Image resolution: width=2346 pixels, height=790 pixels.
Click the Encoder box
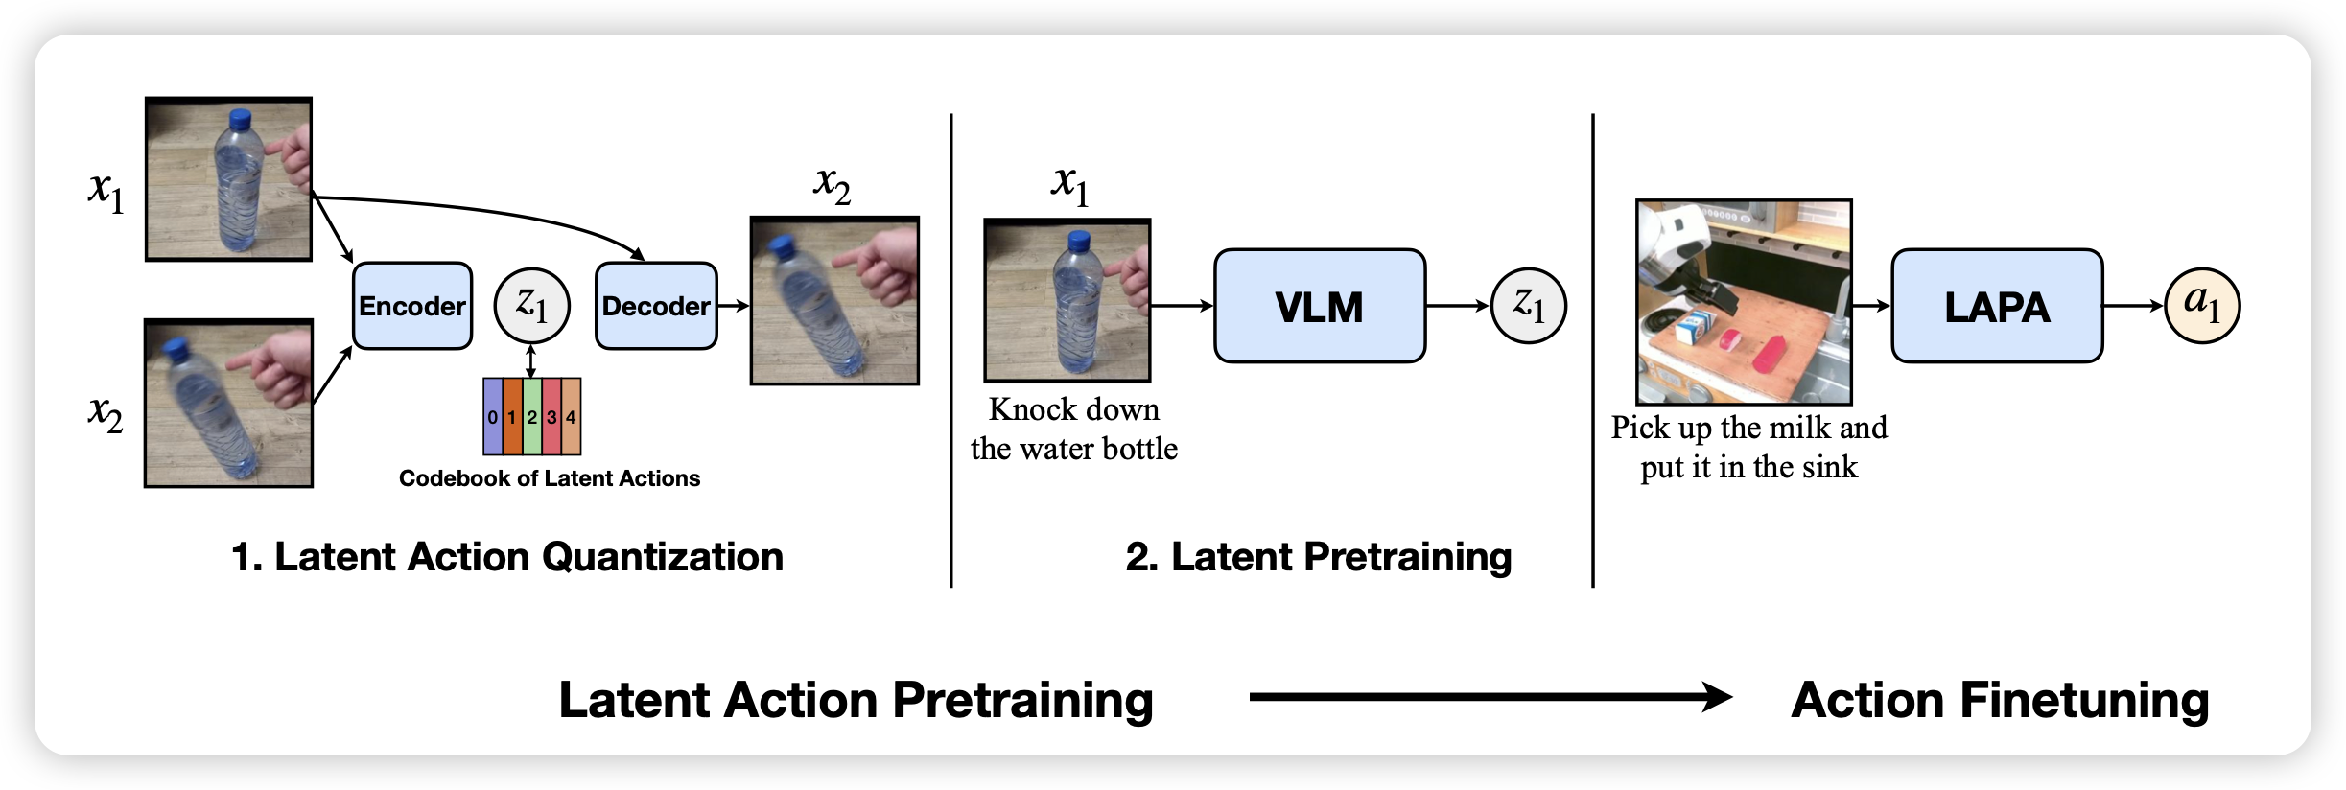(412, 306)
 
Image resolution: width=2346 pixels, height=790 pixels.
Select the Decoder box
(656, 306)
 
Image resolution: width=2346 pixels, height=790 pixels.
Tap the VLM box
(1319, 306)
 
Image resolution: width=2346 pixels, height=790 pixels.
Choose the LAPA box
(1997, 306)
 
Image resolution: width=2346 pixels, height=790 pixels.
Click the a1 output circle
(2202, 306)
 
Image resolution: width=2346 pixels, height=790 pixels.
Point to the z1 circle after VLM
(1528, 306)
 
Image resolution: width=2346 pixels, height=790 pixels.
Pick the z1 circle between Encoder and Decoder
(531, 306)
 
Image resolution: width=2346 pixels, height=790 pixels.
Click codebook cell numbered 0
(492, 417)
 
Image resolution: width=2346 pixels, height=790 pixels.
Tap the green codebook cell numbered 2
(531, 417)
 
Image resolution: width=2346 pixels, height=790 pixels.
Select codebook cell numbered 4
(571, 417)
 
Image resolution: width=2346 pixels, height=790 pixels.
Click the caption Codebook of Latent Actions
(550, 478)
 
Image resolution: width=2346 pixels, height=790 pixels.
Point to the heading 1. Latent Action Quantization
(507, 557)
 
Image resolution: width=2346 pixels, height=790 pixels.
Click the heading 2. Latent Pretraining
(1319, 557)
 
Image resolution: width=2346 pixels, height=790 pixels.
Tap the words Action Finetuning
(2000, 700)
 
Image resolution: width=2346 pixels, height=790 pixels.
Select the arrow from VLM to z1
(1457, 306)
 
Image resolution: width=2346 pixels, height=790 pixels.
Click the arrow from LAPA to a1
(2133, 306)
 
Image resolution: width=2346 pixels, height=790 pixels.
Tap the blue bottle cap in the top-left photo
(240, 119)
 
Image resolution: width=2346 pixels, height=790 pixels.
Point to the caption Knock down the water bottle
(1074, 429)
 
